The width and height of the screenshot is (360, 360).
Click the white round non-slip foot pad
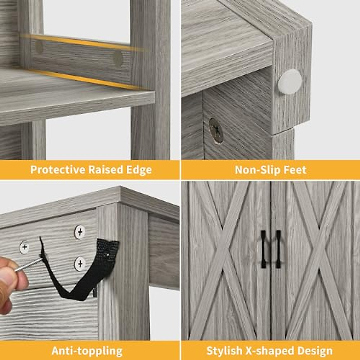click(x=289, y=82)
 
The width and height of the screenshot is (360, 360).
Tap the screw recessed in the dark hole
click(x=216, y=130)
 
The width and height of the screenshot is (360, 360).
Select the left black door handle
click(x=263, y=249)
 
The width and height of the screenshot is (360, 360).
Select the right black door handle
click(x=278, y=249)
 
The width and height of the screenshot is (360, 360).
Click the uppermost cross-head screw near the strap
click(x=80, y=232)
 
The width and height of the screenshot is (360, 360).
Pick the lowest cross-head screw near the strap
click(x=80, y=264)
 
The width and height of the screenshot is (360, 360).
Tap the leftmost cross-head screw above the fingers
click(x=25, y=247)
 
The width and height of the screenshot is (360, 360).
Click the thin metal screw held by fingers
click(x=28, y=265)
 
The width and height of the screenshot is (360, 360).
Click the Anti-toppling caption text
click(x=87, y=351)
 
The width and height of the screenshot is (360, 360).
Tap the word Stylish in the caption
click(x=224, y=351)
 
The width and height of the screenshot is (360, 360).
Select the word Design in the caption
click(x=315, y=351)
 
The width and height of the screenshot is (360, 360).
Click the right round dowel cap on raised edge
click(x=118, y=59)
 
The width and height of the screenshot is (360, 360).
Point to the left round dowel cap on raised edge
click(x=39, y=47)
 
